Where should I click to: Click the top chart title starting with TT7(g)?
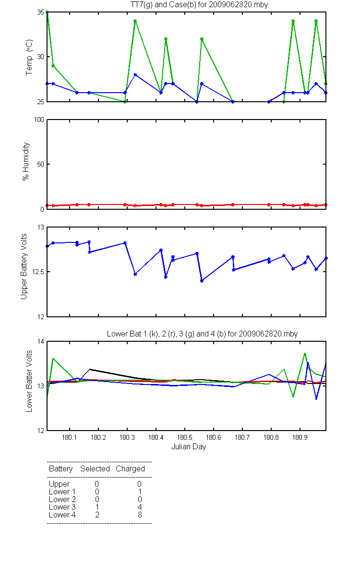pyautogui.click(x=199, y=5)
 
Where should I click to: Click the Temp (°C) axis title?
pyautogui.click(x=29, y=57)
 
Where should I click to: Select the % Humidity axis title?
pyautogui.click(x=26, y=161)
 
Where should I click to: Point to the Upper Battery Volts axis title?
pyautogui.click(x=24, y=266)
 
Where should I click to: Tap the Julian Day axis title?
pyautogui.click(x=189, y=447)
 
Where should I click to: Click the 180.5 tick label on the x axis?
pyautogui.click(x=185, y=437)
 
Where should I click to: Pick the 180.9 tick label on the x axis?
pyautogui.click(x=300, y=437)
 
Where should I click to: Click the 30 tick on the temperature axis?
pyautogui.click(x=41, y=57)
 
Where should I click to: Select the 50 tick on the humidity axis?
pyautogui.click(x=41, y=164)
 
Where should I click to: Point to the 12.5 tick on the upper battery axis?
pyautogui.click(x=38, y=272)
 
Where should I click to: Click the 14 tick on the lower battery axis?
pyautogui.click(x=41, y=341)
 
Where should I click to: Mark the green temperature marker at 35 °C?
pyautogui.click(x=47, y=12)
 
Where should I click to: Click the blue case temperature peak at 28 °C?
pyautogui.click(x=135, y=74)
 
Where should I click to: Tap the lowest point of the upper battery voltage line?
pyautogui.click(x=202, y=281)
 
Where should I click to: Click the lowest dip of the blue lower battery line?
pyautogui.click(x=316, y=399)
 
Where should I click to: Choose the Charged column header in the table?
pyautogui.click(x=130, y=468)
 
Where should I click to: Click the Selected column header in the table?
pyautogui.click(x=95, y=468)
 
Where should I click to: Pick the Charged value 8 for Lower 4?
pyautogui.click(x=140, y=515)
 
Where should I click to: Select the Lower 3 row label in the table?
pyautogui.click(x=62, y=507)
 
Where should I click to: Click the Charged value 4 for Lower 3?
pyautogui.click(x=140, y=507)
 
